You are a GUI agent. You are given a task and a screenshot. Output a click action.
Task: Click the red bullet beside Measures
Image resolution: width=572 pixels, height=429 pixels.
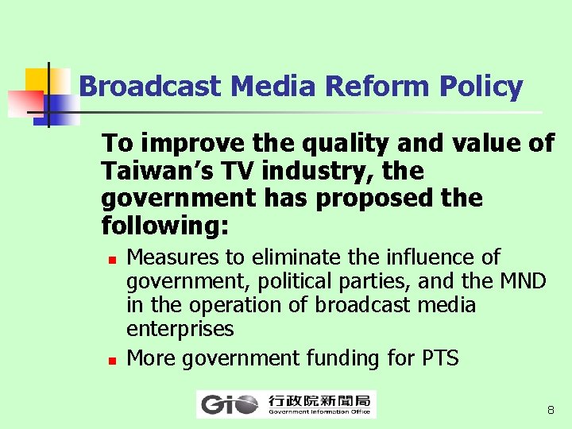coord(112,259)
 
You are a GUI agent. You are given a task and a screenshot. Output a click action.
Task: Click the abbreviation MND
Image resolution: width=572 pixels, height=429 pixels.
coord(523,281)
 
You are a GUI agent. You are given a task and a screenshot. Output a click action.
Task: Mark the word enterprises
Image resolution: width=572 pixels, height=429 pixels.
coord(180,329)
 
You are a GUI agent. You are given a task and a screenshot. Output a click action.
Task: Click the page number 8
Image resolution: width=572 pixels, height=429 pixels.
coord(550,411)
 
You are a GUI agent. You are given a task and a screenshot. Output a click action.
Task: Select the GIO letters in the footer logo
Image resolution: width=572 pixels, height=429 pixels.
coord(230,405)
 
